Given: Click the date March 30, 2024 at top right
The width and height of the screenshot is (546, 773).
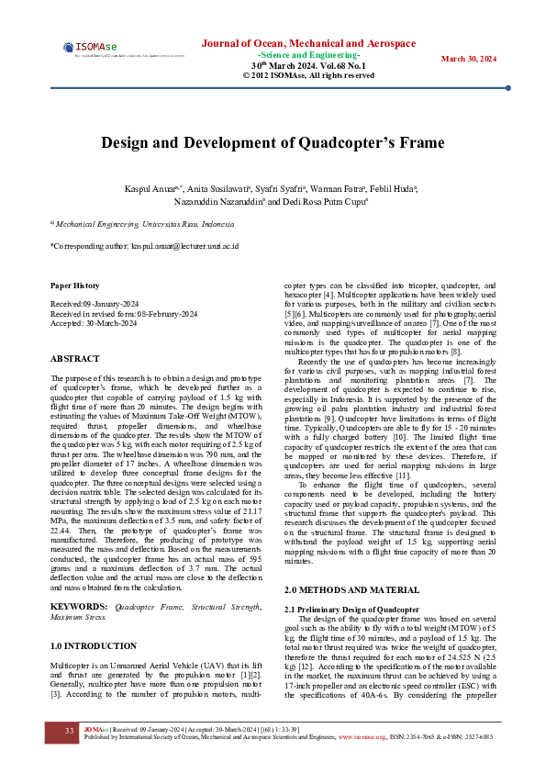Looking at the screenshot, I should [x=469, y=59].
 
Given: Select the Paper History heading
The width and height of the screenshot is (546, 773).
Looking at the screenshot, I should [x=74, y=286].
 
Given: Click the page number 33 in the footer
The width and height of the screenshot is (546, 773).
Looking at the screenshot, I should [x=69, y=731].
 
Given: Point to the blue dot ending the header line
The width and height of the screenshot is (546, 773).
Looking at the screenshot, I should [x=507, y=88].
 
